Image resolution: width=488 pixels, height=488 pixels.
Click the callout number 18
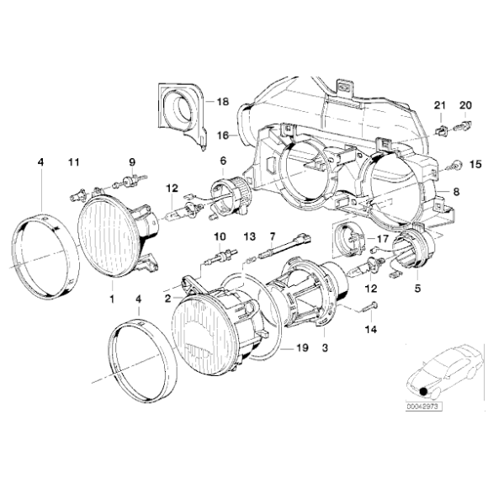pos(222,102)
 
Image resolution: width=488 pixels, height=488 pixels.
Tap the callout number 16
pos(223,134)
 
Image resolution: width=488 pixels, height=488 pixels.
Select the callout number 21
pos(438,105)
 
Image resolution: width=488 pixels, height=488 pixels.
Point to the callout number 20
pos(464,105)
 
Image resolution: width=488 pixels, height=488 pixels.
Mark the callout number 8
pos(457,192)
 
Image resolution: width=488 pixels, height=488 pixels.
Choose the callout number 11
pos(73,161)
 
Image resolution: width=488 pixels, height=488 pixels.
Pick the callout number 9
pos(131,161)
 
